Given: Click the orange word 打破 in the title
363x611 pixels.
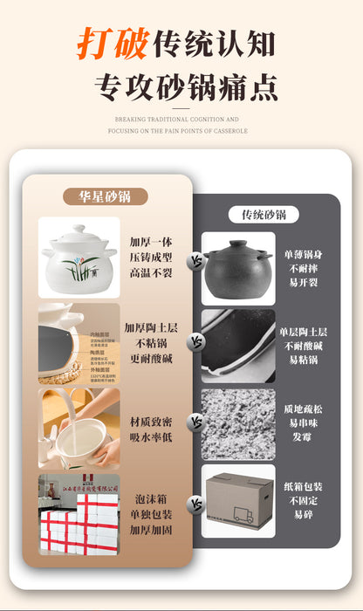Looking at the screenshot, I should [x=112, y=41].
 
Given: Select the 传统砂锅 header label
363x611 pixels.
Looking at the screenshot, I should [x=263, y=215].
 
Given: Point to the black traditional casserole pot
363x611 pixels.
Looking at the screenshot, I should [x=238, y=268].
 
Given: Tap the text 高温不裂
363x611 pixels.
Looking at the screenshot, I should [x=151, y=273].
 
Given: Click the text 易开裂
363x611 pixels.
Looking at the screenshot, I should [x=300, y=283].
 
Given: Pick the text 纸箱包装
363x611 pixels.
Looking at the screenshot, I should [x=301, y=487].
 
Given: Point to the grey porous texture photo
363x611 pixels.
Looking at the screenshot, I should [x=238, y=423].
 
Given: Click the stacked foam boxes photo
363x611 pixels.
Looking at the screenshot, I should [x=79, y=516].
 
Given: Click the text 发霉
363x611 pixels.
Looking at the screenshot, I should [x=301, y=436].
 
